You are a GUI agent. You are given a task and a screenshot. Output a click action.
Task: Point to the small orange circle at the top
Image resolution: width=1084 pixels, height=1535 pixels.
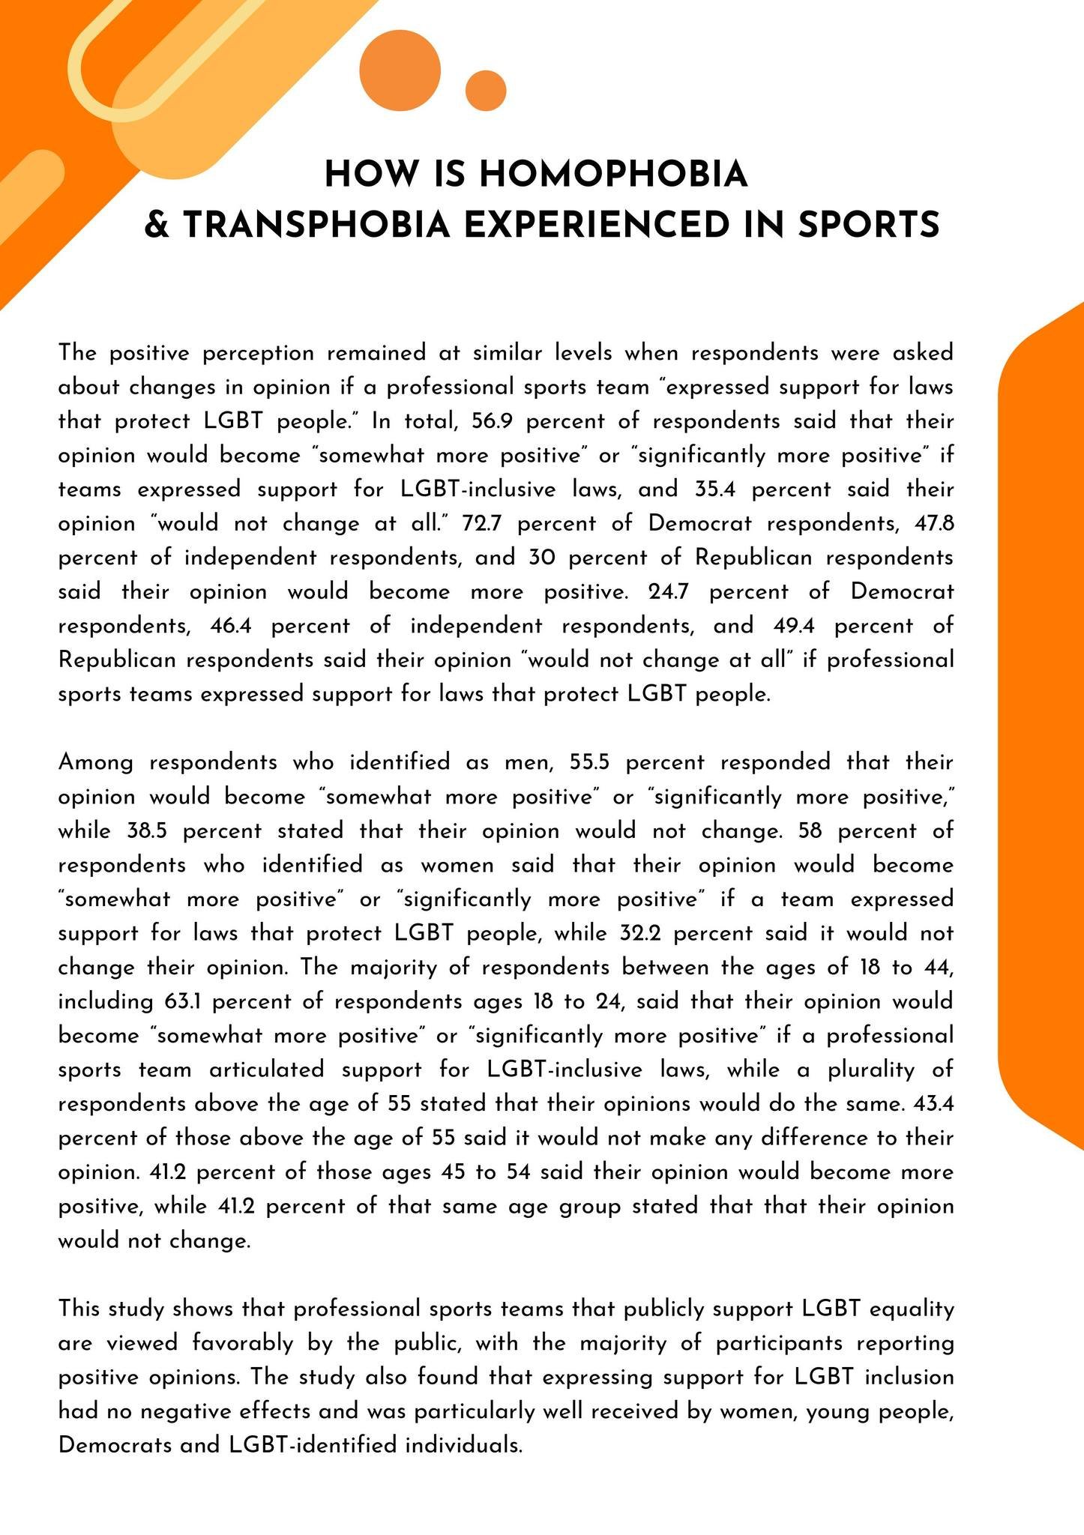point(486,91)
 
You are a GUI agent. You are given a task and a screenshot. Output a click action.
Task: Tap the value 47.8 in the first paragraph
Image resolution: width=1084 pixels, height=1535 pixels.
point(934,524)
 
